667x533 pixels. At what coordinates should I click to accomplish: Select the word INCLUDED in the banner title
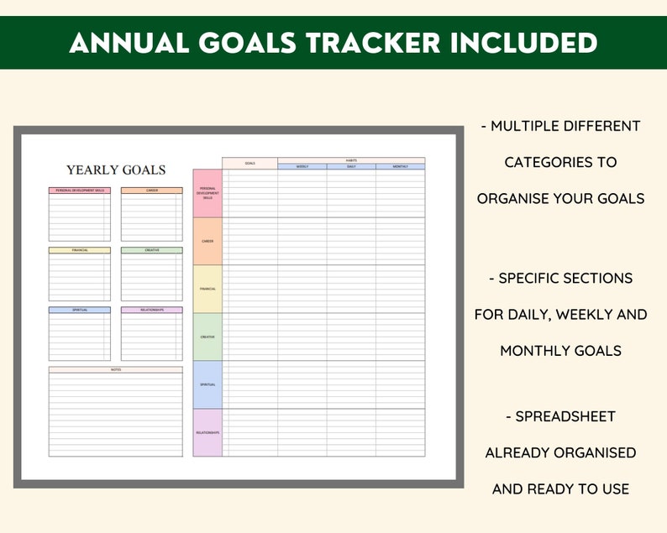(531, 42)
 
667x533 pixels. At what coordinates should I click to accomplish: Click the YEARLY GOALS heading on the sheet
(116, 170)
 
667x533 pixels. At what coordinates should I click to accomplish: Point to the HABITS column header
(351, 159)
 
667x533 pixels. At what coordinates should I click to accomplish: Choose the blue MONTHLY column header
(400, 166)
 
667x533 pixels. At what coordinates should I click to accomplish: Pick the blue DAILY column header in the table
(351, 166)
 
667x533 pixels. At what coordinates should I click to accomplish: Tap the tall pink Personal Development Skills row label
(207, 193)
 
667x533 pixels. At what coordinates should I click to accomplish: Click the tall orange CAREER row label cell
(207, 241)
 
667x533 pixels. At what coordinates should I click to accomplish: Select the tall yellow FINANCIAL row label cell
(207, 289)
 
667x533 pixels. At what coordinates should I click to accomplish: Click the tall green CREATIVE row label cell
(207, 337)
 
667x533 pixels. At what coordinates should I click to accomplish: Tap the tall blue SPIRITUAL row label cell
(207, 384)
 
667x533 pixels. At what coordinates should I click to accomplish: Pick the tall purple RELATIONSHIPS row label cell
(207, 432)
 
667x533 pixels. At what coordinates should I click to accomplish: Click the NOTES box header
(115, 369)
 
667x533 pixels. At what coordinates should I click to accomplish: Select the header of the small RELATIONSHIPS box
(151, 310)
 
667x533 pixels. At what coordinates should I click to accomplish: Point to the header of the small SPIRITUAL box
(79, 310)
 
